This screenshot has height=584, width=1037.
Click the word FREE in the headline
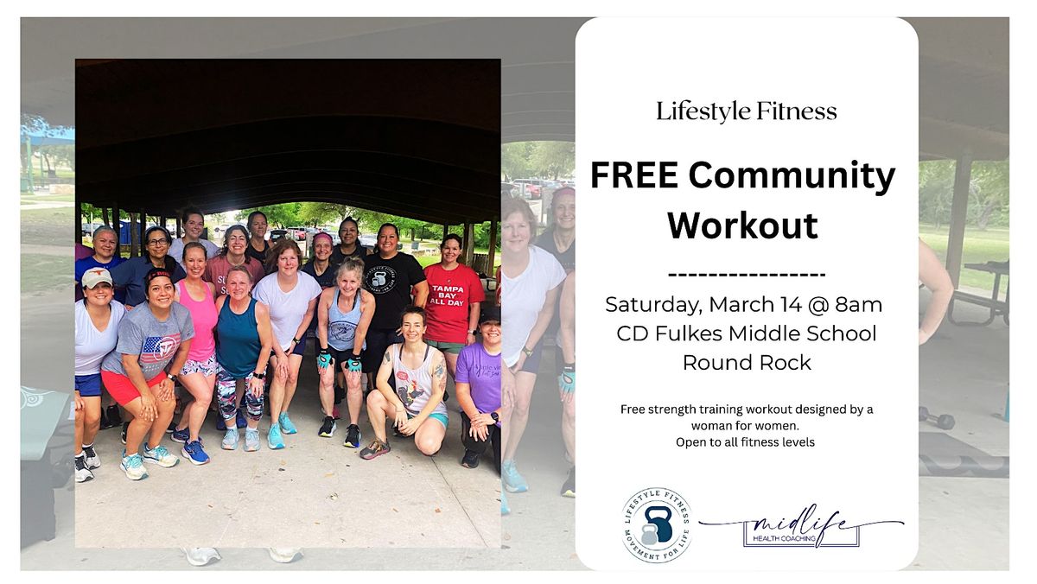point(634,175)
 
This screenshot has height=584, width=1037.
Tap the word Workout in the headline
point(742,225)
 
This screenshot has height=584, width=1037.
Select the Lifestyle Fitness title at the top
point(747,112)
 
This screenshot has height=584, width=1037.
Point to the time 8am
point(859,304)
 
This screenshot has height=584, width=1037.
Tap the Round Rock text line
point(747,363)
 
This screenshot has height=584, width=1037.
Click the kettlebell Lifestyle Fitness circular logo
point(657,525)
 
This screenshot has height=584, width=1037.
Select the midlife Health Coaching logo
point(801,527)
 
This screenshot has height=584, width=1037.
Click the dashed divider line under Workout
point(747,275)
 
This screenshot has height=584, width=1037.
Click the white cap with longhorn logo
point(97,277)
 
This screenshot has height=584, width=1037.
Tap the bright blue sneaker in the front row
point(195,452)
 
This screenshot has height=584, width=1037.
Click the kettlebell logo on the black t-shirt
point(379,279)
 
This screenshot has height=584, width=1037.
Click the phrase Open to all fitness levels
point(745,442)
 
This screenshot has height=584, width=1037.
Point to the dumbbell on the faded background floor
point(937,418)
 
